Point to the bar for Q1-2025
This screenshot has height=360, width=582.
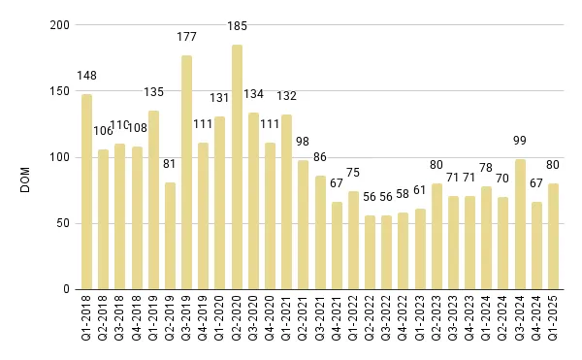pos(553,237)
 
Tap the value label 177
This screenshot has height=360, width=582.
pos(186,37)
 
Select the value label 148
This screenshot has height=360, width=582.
pos(86,75)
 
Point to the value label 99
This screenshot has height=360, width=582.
pos(520,140)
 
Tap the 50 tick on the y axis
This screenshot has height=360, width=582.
pos(63,223)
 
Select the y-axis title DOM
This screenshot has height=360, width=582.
pos(27,157)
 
